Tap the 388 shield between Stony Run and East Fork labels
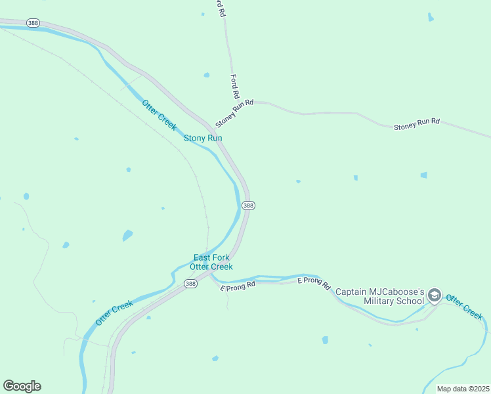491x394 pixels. click(x=248, y=206)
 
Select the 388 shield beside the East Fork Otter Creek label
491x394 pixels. click(x=190, y=284)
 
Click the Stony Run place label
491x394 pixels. click(x=203, y=138)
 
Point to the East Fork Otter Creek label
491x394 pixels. click(x=211, y=262)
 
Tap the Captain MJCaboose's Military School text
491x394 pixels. click(x=380, y=296)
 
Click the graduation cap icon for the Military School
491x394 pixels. click(x=434, y=296)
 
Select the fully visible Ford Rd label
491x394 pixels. click(x=234, y=84)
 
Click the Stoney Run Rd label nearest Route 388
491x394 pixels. click(x=234, y=113)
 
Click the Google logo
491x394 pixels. click(x=22, y=386)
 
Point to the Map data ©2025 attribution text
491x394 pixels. click(x=463, y=389)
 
